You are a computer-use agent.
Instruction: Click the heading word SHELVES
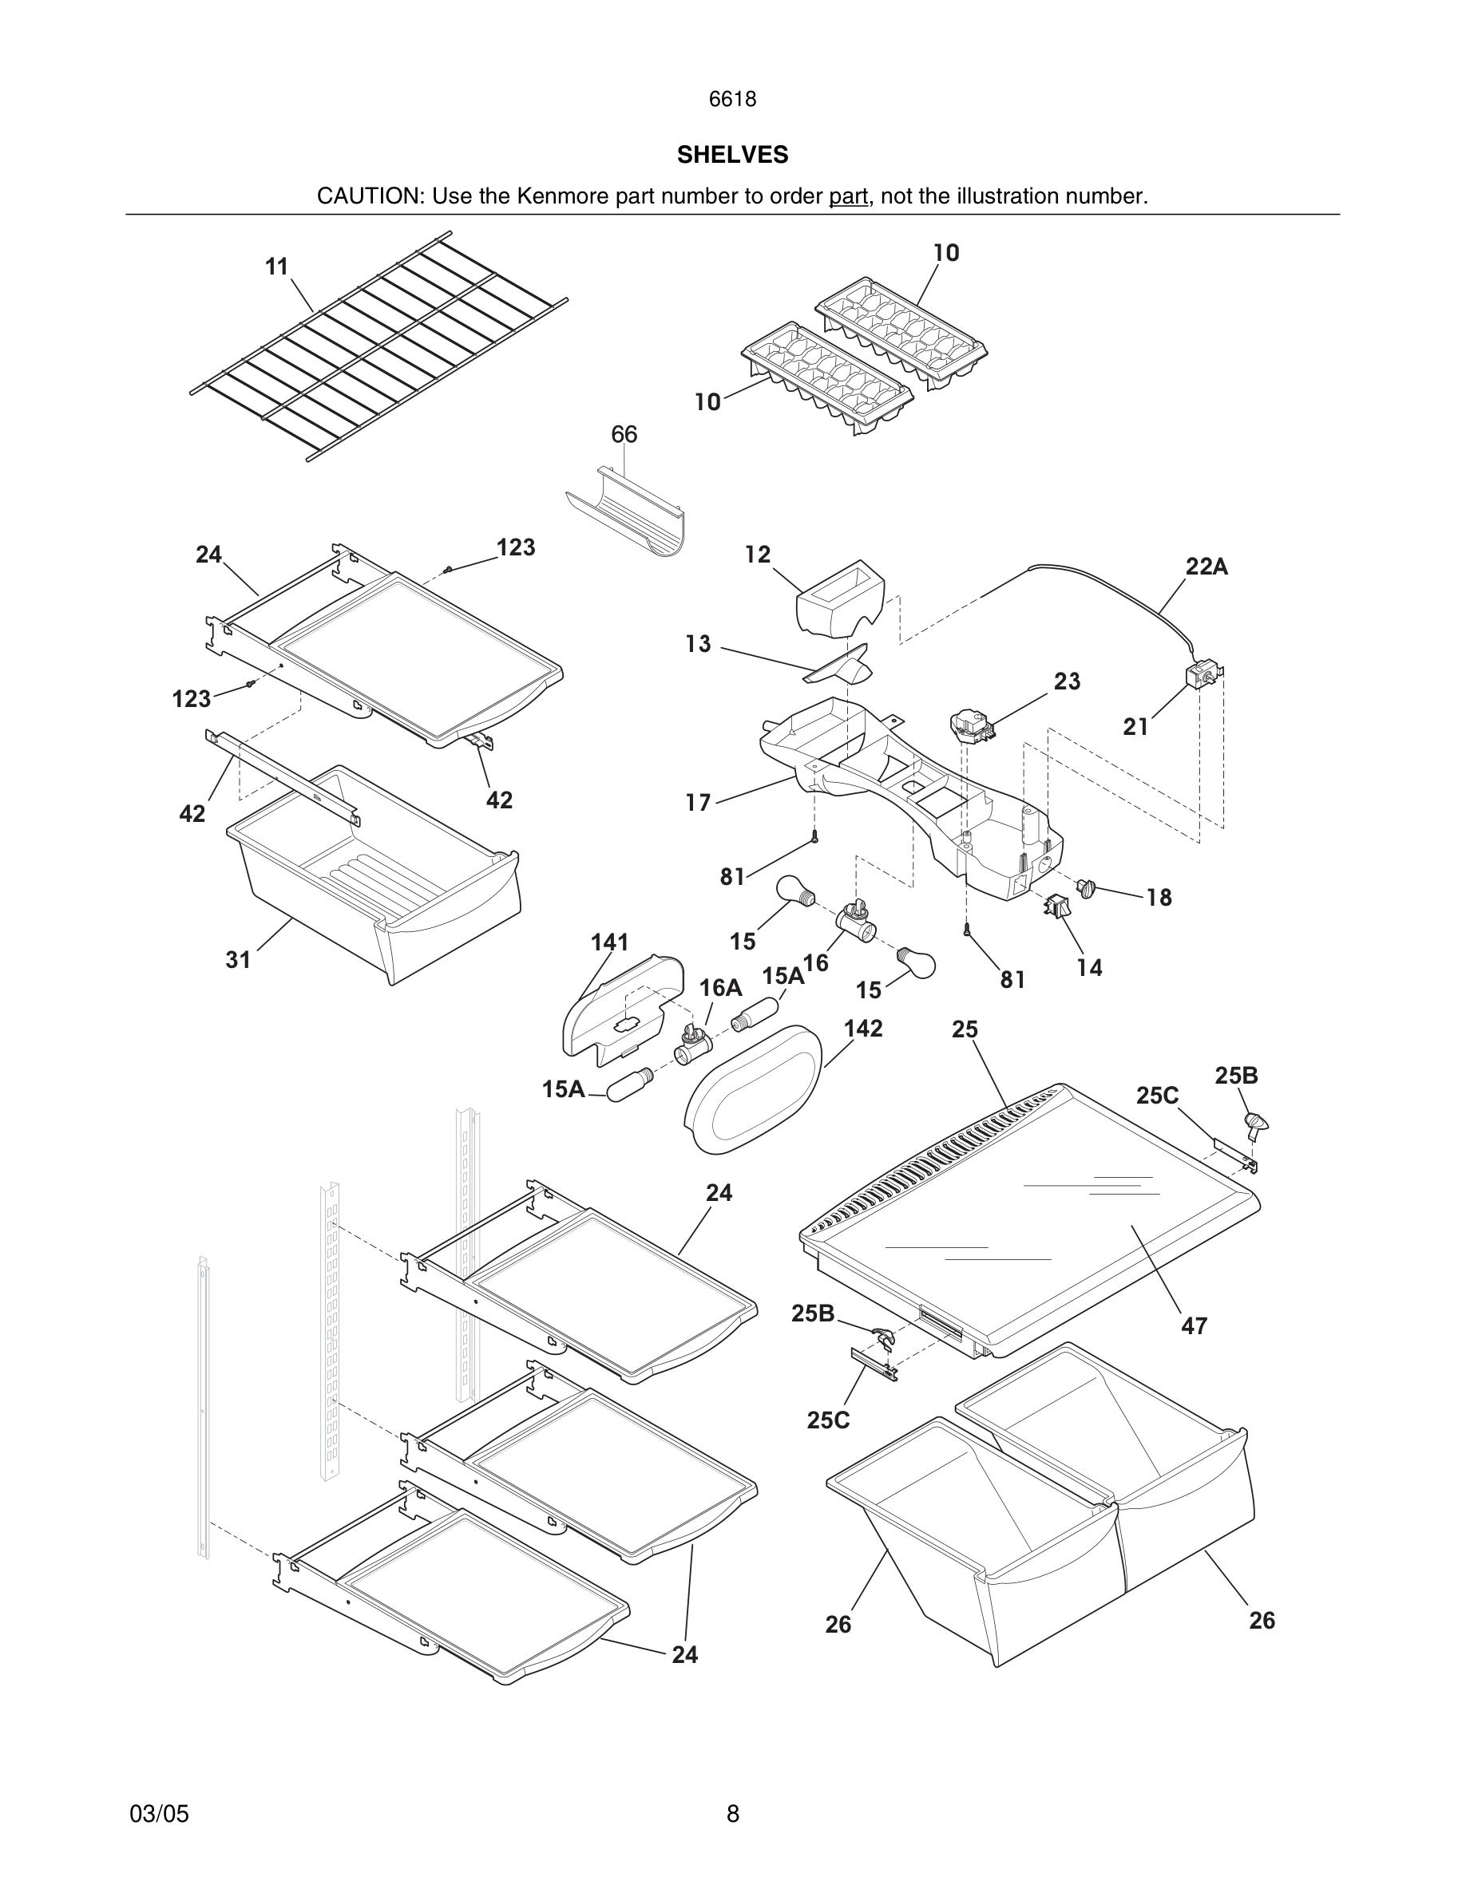pos(732,155)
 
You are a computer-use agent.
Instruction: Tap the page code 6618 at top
pos(732,100)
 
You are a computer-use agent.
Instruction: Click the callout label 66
pos(624,434)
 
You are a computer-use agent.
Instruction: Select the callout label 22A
pos(1206,567)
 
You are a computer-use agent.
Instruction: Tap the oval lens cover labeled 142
pos(753,1088)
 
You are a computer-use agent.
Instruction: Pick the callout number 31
pos(238,959)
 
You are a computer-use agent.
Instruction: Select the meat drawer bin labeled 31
pos(374,877)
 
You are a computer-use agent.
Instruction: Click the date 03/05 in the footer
pos(159,1814)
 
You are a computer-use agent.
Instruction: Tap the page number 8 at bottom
pos(732,1814)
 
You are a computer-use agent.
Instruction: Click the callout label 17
pos(697,803)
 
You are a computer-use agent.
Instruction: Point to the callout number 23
pos(1067,681)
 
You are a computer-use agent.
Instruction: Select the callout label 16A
pos(720,987)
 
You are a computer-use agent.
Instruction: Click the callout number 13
pos(697,644)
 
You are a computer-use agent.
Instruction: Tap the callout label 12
pos(757,555)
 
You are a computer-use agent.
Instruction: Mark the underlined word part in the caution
pos(848,197)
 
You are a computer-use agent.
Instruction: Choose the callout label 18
pos(1159,898)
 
